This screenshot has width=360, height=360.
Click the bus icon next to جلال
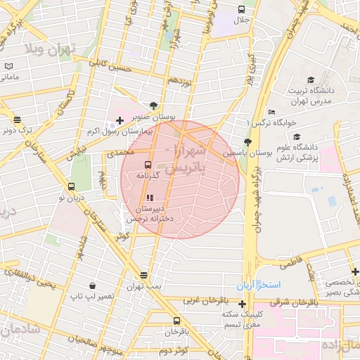(242, 10)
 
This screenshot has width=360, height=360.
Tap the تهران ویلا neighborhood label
(53, 50)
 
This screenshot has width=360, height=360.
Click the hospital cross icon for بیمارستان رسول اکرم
(120, 121)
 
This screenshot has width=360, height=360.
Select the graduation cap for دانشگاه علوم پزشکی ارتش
(297, 137)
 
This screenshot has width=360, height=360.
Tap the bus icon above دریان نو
(71, 187)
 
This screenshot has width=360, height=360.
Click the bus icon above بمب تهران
(144, 275)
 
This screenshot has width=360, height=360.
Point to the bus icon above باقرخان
(176, 320)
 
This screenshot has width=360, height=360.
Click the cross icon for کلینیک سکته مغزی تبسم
(243, 304)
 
